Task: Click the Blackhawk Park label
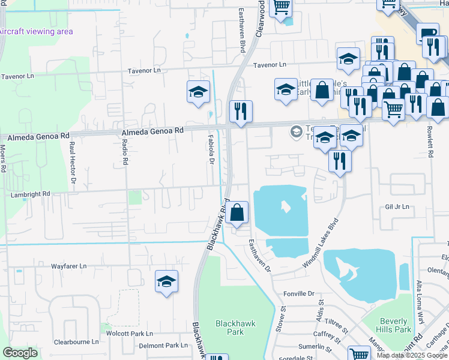click(235, 328)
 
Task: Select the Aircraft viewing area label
click(35, 32)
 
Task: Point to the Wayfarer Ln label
click(68, 265)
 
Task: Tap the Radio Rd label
click(125, 151)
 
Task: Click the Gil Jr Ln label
click(397, 206)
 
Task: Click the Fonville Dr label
click(299, 293)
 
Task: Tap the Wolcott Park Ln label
click(129, 333)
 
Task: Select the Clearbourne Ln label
click(76, 341)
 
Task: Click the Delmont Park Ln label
click(163, 346)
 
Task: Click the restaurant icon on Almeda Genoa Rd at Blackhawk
click(241, 112)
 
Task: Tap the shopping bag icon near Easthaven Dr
click(237, 212)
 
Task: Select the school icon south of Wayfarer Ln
click(167, 281)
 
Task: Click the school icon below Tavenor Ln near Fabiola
click(197, 92)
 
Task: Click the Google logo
click(20, 353)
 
